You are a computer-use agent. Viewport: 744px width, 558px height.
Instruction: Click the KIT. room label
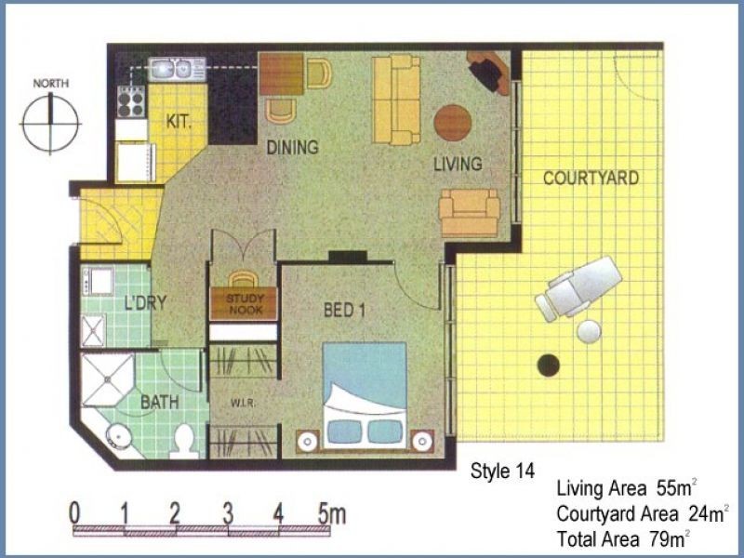179,122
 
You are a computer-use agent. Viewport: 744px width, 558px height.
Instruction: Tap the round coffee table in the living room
453,123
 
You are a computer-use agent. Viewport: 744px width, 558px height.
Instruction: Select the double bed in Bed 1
365,395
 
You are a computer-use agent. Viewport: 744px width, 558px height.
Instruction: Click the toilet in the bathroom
184,441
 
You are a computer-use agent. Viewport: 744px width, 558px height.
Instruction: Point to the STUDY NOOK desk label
244,304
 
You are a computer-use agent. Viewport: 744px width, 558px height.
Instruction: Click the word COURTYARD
591,178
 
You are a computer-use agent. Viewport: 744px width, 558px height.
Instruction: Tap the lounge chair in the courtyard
578,287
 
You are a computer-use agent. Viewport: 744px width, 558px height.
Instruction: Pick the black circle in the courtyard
549,365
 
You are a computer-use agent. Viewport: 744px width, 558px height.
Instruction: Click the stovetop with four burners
131,102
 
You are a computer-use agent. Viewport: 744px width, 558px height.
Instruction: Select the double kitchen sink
177,69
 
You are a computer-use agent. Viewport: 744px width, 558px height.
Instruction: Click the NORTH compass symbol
50,123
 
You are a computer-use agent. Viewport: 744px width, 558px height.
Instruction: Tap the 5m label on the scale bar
332,513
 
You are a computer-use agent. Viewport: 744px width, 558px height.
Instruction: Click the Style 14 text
502,471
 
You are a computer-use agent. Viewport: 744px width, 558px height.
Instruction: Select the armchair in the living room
469,213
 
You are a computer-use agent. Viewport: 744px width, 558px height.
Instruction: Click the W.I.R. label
244,404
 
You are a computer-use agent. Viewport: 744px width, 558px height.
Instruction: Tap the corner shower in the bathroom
107,379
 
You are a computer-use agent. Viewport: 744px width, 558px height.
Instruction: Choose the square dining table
282,74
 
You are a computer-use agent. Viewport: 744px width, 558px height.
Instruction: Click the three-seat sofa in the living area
396,100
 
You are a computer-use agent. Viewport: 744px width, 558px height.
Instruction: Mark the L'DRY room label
145,302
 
